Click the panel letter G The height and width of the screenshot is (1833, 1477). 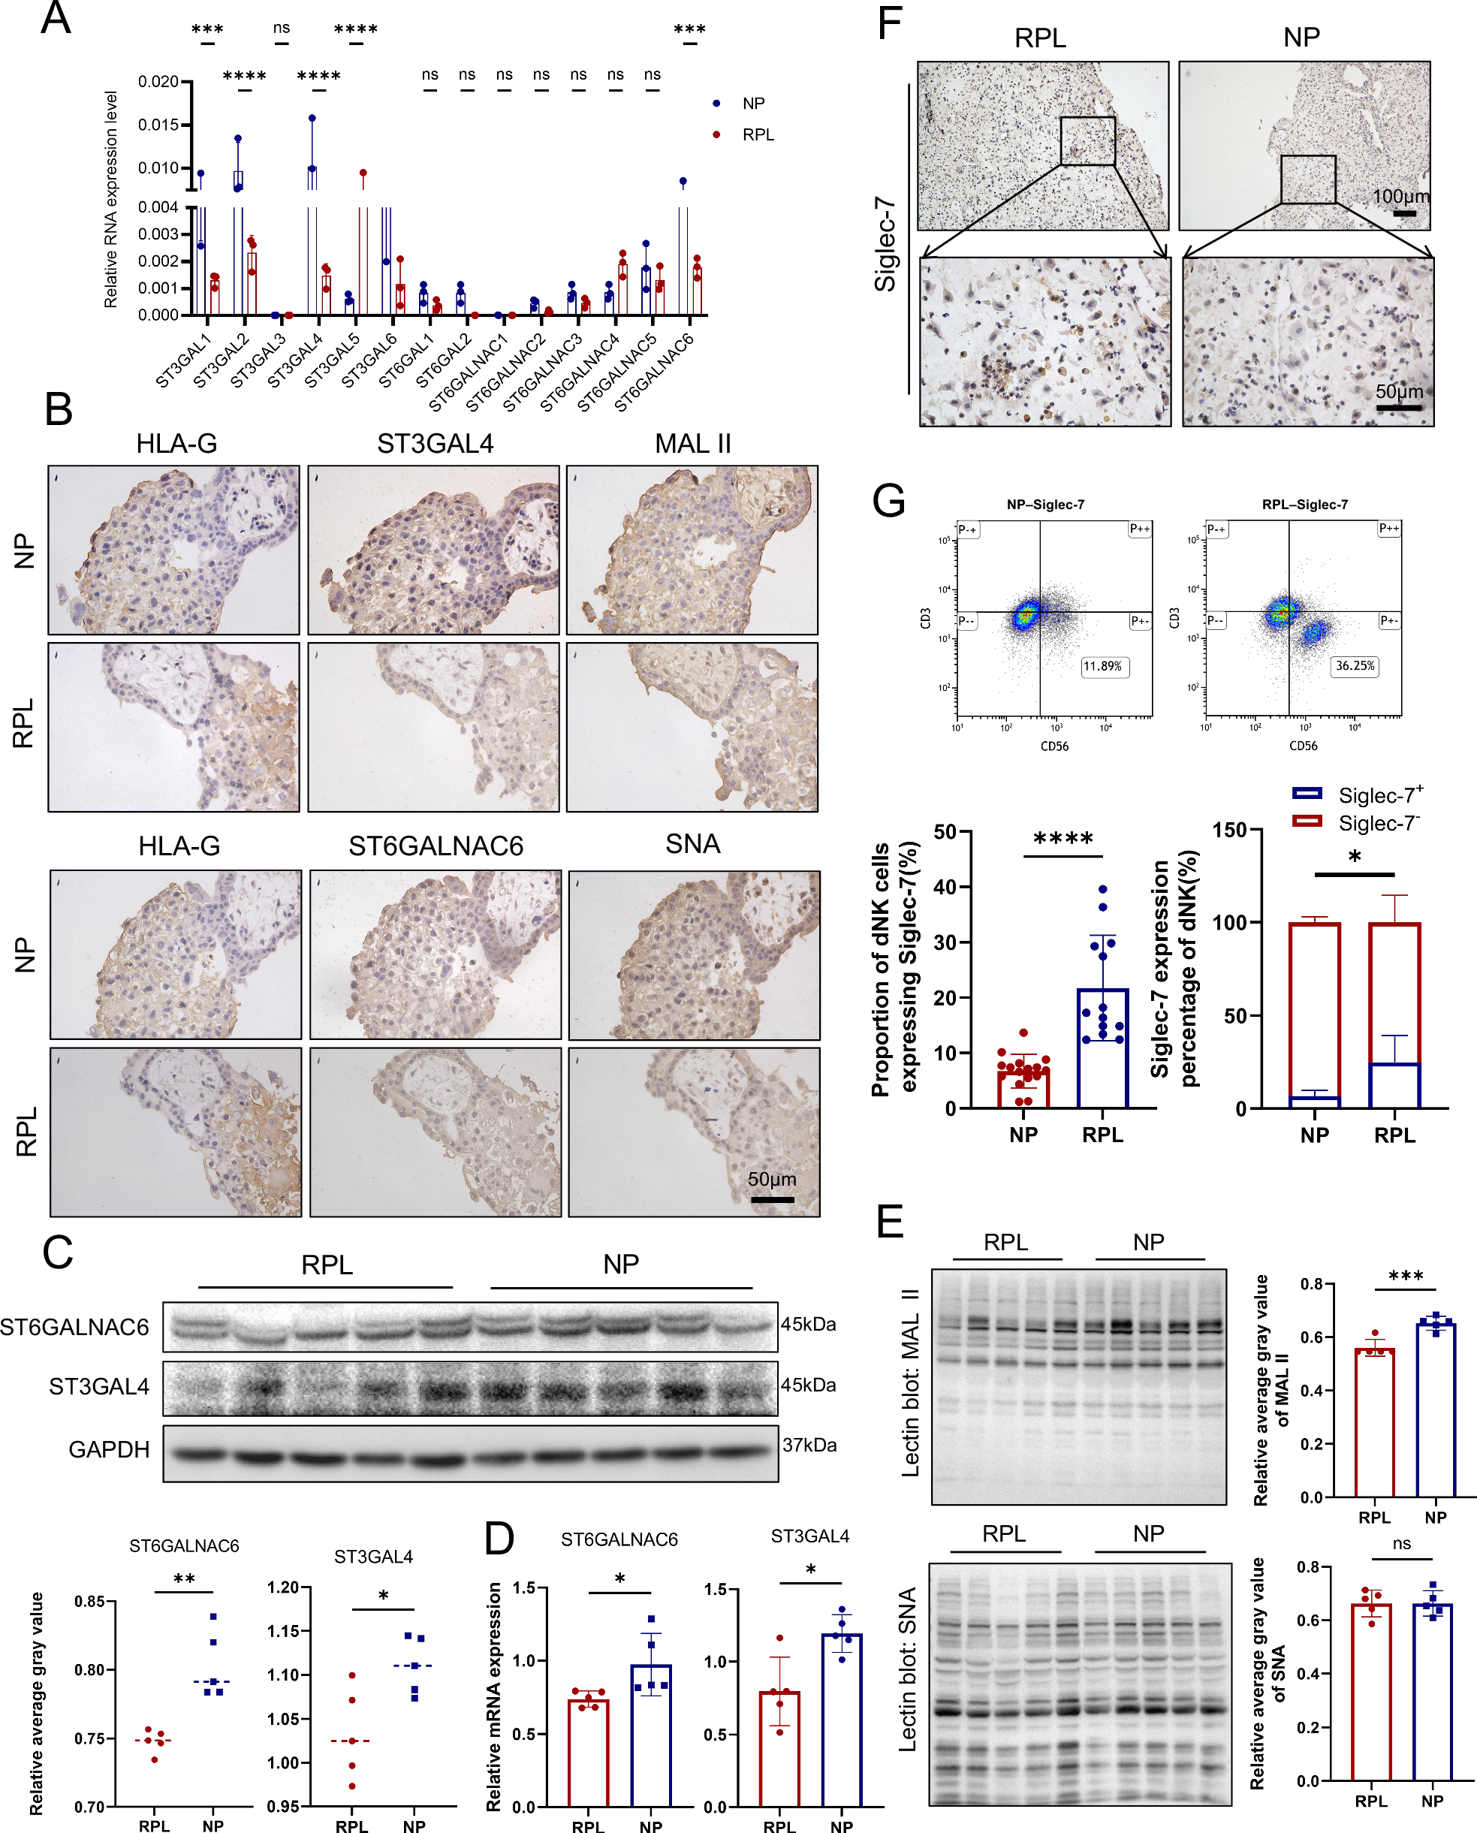coord(888,499)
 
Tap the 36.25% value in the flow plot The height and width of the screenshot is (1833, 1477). coord(1354,665)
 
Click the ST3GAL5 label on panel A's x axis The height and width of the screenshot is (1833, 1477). coord(333,362)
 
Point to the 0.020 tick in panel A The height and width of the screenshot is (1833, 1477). coord(158,82)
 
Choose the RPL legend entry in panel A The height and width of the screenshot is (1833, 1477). coord(757,134)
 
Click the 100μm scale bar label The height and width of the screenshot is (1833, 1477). coord(1400,197)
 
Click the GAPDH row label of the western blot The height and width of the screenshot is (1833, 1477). coord(109,1449)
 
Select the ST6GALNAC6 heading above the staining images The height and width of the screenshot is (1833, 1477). coord(436,846)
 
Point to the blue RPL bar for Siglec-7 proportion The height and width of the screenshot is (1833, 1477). coord(1102,1048)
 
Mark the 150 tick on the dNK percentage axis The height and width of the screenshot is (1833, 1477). coord(1228,830)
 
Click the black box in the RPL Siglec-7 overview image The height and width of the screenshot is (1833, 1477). coord(1087,140)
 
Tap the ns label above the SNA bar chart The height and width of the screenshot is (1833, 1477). coord(1401,1544)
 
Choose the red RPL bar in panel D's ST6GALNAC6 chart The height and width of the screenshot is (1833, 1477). coord(588,1752)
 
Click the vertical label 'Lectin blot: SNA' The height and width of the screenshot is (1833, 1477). coord(909,1669)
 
